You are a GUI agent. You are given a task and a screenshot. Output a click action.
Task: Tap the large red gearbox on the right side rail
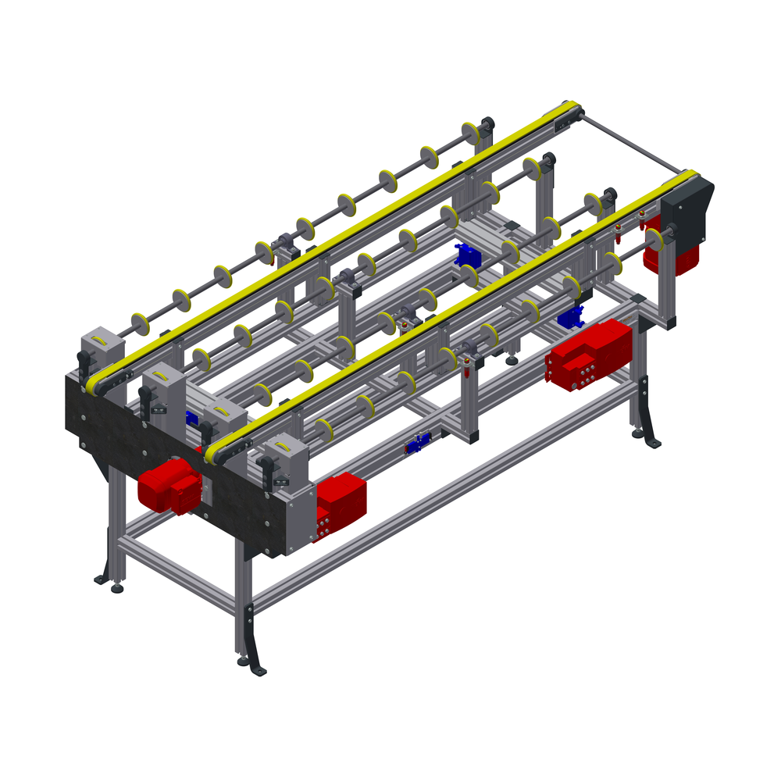pyautogui.click(x=590, y=355)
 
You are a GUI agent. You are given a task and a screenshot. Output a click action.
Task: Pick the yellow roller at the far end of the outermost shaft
pyautogui.click(x=471, y=134)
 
